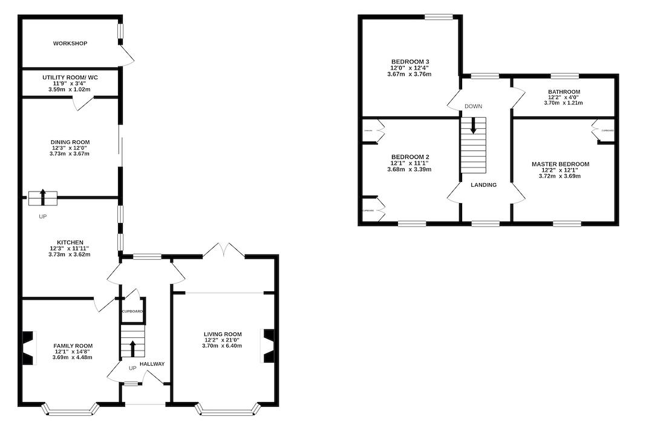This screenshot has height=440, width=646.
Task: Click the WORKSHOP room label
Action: (70, 44)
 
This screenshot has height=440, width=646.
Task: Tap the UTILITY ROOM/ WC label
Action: (70, 78)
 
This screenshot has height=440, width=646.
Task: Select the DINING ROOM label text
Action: (70, 142)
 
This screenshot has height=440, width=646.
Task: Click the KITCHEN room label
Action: (70, 242)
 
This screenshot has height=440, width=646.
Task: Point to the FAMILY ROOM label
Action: (73, 346)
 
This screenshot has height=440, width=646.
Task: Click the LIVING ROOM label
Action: (223, 334)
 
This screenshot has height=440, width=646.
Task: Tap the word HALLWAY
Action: (152, 364)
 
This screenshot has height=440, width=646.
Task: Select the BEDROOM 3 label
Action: (410, 62)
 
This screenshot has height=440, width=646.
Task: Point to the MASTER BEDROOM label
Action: (560, 164)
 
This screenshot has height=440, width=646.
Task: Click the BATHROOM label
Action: (563, 92)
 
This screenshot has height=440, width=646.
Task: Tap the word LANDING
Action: (484, 185)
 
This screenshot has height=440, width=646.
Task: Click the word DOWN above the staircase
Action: (473, 106)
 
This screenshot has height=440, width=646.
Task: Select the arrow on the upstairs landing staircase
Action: (473, 126)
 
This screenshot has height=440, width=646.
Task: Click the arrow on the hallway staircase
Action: (132, 348)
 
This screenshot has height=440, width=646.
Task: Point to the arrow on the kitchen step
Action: (43, 196)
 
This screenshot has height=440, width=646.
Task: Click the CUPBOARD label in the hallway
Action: (132, 311)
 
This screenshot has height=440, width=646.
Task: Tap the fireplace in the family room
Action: (28, 348)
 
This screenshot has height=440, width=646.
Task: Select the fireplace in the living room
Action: (269, 346)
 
